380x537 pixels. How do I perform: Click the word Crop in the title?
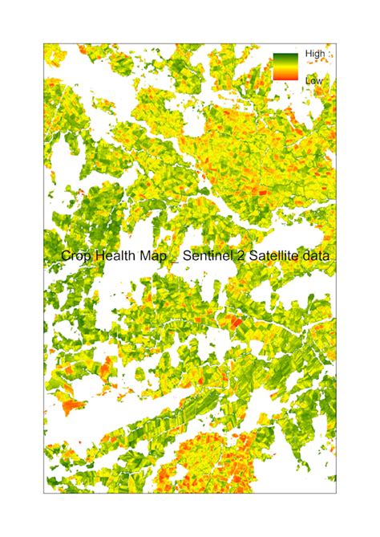click(x=76, y=256)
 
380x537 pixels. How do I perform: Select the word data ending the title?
click(x=317, y=256)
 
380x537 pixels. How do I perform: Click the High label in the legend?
click(x=315, y=55)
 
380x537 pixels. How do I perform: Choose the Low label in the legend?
click(x=313, y=80)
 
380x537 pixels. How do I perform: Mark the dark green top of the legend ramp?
click(x=285, y=57)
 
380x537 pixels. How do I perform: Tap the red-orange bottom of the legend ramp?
click(x=285, y=78)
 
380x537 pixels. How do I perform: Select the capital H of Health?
click(x=101, y=256)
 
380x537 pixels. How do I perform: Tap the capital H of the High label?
click(x=309, y=55)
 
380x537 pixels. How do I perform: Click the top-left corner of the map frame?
click(x=44, y=41)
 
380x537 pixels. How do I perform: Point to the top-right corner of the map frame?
click(x=336, y=41)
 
